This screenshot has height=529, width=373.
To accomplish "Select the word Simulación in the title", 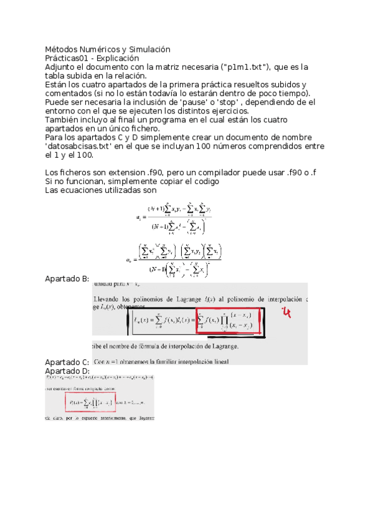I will [x=148, y=49].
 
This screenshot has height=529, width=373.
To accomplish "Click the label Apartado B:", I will [x=68, y=279].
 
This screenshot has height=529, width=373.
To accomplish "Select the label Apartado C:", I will [x=68, y=362].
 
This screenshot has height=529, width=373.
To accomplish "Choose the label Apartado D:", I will [x=68, y=371].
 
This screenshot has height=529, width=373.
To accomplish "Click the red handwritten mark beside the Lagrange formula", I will [x=287, y=312].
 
